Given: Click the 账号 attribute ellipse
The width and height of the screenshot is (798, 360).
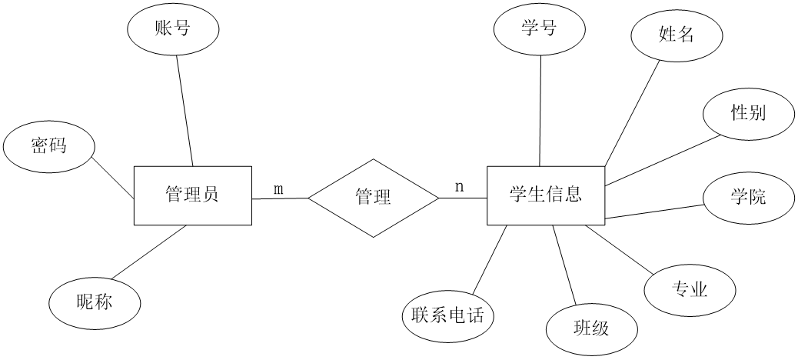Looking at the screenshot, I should coord(173,30).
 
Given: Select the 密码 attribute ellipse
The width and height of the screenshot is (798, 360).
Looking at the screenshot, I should coord(48,146).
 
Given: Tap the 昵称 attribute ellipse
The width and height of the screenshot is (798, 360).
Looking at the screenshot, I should coord(95,302).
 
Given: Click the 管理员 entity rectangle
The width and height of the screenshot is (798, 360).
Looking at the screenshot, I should coord(192,195).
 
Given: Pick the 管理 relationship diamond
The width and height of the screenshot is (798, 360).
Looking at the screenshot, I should coord(374,198).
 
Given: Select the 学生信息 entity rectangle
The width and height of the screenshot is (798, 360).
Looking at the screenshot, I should coord(545,195).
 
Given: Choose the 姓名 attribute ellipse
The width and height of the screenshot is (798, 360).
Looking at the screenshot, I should coord(677,35).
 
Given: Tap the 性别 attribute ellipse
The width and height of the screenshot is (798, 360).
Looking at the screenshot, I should coord(748,114).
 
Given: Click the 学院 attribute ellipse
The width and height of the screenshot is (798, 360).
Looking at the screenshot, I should coord(748,197).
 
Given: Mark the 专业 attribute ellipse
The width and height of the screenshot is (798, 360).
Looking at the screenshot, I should coord(690,290).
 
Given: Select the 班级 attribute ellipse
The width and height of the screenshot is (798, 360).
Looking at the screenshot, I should coord(591,329).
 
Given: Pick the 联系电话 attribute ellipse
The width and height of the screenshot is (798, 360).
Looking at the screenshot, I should coord(448,315).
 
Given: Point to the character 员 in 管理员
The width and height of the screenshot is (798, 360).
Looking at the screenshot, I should coord(210,195).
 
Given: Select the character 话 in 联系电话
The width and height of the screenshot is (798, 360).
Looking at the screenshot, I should coord(476,315).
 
